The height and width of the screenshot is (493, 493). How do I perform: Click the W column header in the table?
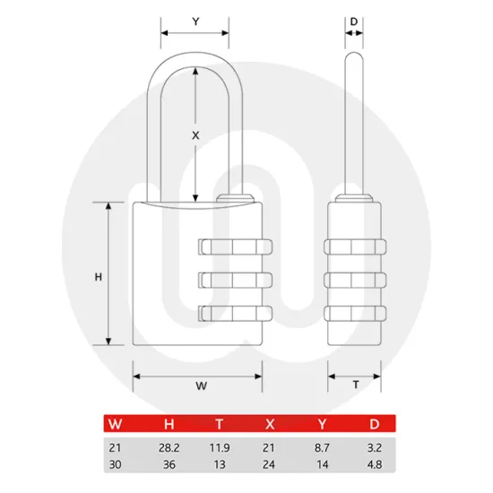[x=115, y=424]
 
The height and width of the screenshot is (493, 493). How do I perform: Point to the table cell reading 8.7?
[x=324, y=447]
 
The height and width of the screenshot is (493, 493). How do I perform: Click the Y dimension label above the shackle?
[x=195, y=20]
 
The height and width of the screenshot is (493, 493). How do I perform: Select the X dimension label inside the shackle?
[x=195, y=134]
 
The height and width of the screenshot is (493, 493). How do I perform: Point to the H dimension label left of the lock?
[x=98, y=277]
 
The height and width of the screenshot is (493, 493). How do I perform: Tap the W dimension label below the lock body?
[x=201, y=386]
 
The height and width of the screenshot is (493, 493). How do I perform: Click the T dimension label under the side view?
[x=355, y=385]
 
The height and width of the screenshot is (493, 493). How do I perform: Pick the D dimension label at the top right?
[x=355, y=20]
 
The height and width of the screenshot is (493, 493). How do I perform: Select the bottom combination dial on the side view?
[x=355, y=314]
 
